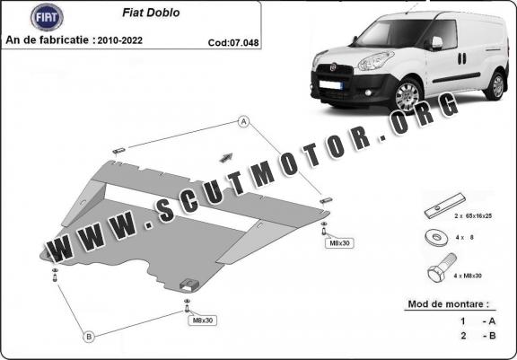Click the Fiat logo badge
47,17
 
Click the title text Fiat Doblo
151,13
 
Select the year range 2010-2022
120,40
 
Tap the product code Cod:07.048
233,43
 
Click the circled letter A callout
243,122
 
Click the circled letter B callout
89,337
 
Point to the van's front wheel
407,95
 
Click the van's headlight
375,61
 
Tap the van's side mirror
436,43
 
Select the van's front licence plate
330,85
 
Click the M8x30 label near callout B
203,320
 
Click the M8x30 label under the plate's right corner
339,243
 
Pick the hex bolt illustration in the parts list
443,267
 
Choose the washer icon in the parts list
436,237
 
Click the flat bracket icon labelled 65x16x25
445,206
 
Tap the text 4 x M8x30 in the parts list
468,276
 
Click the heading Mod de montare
449,304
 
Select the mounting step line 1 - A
478,321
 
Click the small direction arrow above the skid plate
226,158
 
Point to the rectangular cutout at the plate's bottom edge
189,285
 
